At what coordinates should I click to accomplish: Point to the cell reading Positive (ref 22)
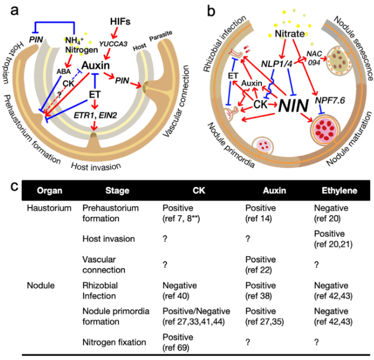tap(260, 265)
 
